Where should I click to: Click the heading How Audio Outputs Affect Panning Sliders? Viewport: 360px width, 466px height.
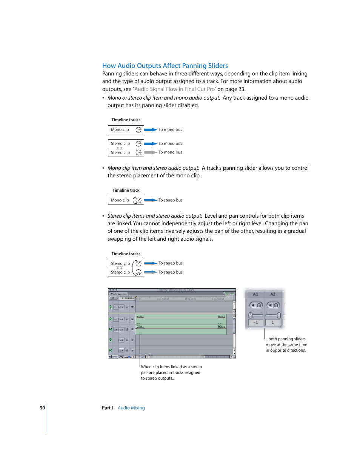[x=165, y=66]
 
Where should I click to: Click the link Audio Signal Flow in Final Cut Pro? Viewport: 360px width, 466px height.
[x=174, y=89]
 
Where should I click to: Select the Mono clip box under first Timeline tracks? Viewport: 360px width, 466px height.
[x=126, y=130]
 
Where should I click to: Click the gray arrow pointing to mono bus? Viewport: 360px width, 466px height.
[x=150, y=152]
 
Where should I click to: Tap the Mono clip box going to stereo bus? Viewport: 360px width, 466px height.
[x=126, y=200]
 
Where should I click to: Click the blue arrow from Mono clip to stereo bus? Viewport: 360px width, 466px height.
[x=150, y=200]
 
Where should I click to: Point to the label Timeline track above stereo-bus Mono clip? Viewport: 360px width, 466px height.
[x=126, y=190]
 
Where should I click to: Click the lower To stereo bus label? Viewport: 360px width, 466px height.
[x=170, y=272]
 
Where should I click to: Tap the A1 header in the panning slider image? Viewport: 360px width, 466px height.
[x=255, y=294]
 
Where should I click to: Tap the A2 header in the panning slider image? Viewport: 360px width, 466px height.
[x=272, y=294]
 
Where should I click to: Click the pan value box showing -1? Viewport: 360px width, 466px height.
[x=255, y=323]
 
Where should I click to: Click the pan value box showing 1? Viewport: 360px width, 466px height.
[x=272, y=323]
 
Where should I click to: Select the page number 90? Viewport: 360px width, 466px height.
[x=42, y=408]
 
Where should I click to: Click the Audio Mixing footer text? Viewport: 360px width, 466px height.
[x=131, y=408]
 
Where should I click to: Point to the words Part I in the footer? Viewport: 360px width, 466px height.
[x=107, y=408]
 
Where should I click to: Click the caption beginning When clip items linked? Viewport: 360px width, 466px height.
[x=171, y=372]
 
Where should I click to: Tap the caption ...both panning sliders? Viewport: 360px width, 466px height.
[x=286, y=345]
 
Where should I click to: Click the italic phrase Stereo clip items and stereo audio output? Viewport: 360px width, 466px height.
[x=155, y=216]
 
